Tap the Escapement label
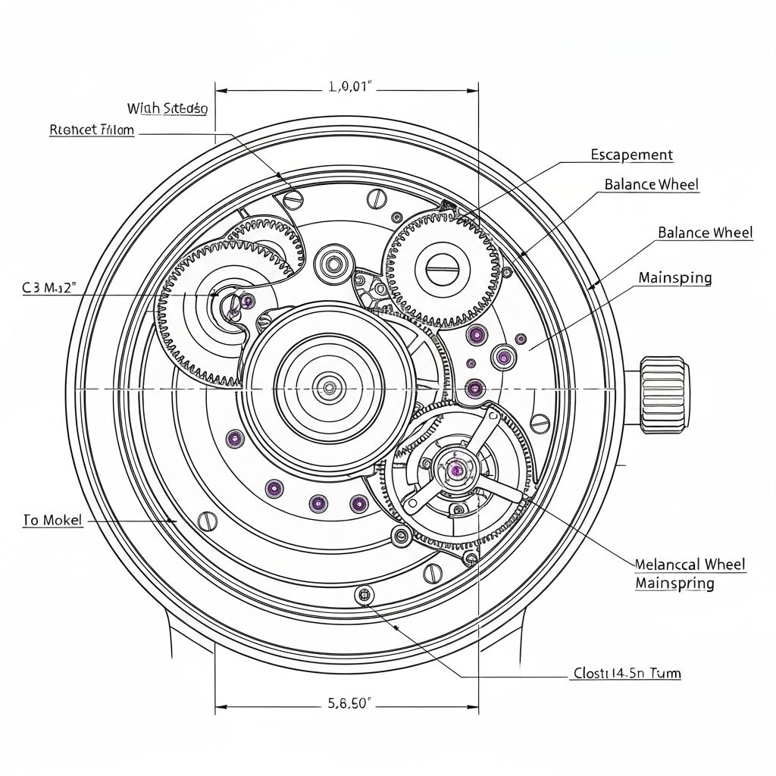631,155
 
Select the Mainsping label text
674,278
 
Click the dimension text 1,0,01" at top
352,86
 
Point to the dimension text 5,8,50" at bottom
349,703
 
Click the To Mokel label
52,521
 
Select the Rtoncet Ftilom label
92,130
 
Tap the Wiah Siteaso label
167,108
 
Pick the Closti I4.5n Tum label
625,673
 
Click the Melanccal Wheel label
690,565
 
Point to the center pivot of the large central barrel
329,388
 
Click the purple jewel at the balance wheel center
456,470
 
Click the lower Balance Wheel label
705,233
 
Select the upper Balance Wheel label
651,184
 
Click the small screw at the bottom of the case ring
365,596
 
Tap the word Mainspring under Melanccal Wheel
674,584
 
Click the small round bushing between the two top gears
332,264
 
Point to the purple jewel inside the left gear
247,302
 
